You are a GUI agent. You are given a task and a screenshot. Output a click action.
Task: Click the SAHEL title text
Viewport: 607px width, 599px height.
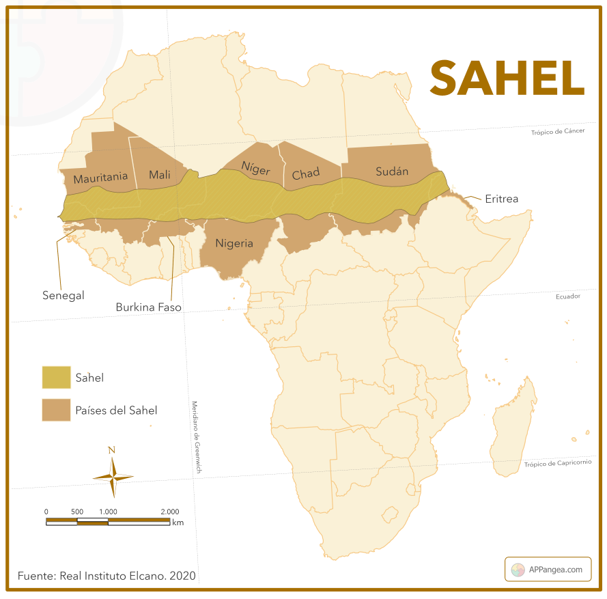coord(507,79)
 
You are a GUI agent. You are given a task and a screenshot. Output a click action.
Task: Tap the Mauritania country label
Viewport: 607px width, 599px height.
coord(100,177)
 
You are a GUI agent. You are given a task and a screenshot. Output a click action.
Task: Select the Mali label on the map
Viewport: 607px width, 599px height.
coord(159,175)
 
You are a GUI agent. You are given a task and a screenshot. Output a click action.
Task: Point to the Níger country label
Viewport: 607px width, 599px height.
coord(255,169)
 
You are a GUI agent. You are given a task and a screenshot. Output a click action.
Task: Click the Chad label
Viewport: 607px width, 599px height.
coord(305,174)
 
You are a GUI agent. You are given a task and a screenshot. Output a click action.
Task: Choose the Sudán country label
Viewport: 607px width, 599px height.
coord(392,171)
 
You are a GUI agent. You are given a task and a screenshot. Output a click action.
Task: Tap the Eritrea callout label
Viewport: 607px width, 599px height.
coord(501,199)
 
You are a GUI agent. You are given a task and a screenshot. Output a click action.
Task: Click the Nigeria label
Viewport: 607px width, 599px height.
coord(234,243)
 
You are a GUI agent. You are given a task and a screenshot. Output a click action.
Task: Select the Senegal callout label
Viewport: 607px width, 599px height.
coord(63,295)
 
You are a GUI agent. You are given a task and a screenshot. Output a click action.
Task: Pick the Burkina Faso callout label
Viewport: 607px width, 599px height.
coord(148,307)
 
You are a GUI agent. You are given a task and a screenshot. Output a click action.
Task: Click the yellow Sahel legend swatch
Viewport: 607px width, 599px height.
coord(56,377)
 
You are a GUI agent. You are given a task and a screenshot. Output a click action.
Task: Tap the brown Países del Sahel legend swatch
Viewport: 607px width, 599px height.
coord(56,410)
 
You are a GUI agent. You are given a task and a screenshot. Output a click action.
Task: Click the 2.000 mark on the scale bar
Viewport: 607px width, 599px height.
coord(169,512)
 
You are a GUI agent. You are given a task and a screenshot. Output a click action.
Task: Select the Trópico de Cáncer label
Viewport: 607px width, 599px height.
coord(557,132)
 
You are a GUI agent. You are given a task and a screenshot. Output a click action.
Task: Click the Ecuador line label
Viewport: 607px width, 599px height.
coord(567,296)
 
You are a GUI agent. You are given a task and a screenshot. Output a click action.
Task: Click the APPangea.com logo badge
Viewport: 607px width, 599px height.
coord(548,569)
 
